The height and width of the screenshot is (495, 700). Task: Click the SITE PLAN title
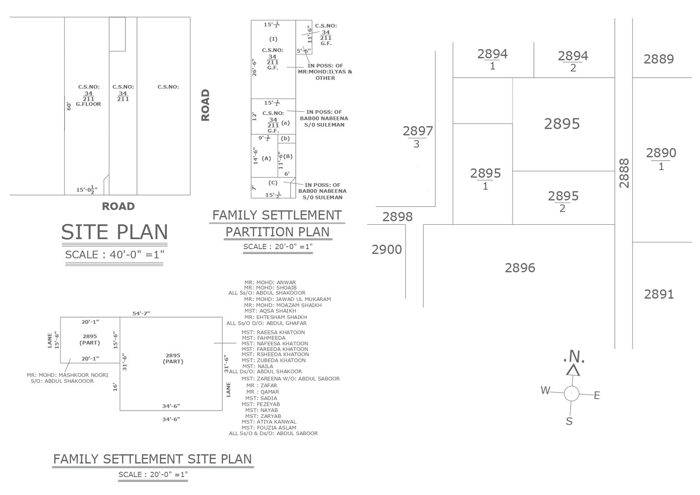(x=115, y=232)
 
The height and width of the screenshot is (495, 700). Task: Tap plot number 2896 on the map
(x=520, y=268)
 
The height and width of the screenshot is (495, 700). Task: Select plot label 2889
(x=658, y=59)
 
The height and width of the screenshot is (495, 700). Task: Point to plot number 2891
(x=658, y=294)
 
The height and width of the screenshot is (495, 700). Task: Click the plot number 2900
(x=387, y=250)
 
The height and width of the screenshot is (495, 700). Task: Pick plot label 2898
(x=397, y=217)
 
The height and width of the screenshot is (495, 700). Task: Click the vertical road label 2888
(x=624, y=173)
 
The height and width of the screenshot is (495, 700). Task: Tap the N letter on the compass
(x=574, y=357)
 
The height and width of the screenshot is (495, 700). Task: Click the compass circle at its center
(x=571, y=394)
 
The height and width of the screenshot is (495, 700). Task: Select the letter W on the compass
(x=545, y=390)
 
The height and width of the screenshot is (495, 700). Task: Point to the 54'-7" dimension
(x=141, y=313)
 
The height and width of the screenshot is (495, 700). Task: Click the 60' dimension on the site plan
(x=69, y=106)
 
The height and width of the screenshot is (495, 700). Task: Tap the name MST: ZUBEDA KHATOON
(x=274, y=360)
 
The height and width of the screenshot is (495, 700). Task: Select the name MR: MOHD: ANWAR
(x=270, y=283)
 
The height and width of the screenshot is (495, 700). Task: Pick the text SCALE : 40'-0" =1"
(x=115, y=255)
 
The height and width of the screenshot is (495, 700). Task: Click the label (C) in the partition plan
(x=273, y=183)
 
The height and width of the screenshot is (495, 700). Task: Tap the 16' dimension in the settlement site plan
(x=115, y=387)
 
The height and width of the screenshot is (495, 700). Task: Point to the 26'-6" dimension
(x=254, y=67)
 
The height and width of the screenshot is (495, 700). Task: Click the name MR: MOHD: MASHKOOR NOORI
(x=67, y=375)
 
